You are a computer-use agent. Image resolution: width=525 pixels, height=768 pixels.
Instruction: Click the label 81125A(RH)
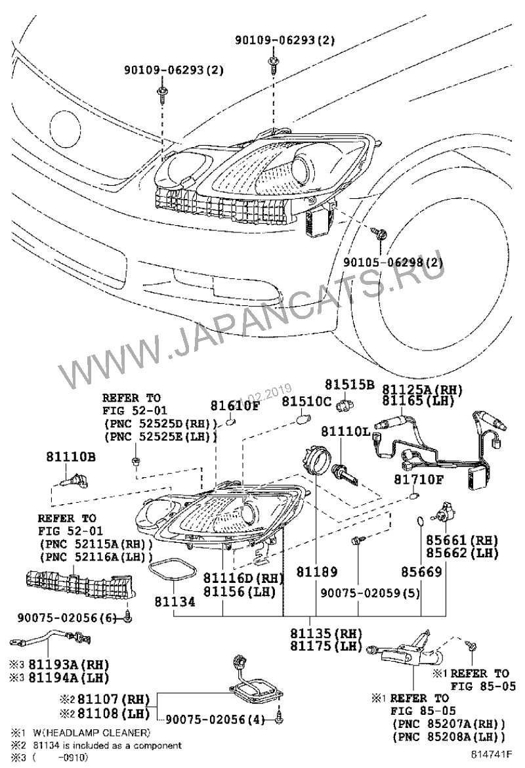click(422, 389)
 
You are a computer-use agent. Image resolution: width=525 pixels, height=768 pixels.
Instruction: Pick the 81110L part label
click(345, 432)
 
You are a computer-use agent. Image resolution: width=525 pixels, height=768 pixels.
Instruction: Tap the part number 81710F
click(419, 480)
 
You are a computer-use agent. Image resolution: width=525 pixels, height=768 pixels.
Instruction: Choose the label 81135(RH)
click(326, 634)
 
